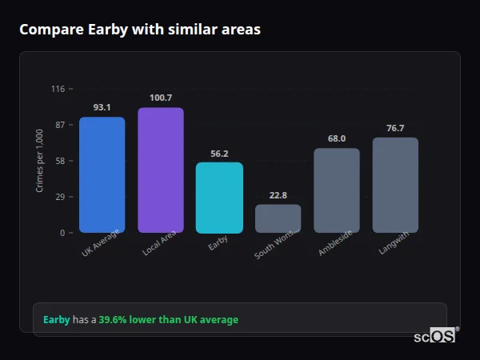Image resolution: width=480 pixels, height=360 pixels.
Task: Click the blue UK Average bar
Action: coord(102,174)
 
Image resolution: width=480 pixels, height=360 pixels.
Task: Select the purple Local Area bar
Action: coord(160,170)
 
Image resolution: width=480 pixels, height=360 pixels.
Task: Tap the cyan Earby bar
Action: coord(219,198)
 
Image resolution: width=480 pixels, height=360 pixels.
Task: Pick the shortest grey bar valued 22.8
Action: coord(278,218)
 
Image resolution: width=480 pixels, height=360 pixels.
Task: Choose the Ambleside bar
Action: coord(336,190)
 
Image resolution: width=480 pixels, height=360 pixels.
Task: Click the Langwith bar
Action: coord(395,185)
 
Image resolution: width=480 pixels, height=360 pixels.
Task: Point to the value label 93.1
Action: coord(102,107)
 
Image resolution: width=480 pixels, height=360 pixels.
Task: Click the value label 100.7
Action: coord(160,98)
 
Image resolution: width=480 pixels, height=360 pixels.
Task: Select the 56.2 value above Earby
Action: coord(219,153)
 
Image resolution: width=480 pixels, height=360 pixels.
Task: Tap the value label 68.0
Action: coord(336,138)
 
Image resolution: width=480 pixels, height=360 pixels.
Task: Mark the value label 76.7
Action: coord(395,128)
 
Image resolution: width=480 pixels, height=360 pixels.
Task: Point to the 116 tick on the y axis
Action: coord(58,89)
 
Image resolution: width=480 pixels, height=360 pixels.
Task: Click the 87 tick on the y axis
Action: coord(60,125)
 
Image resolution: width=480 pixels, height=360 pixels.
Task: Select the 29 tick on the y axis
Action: coord(60,197)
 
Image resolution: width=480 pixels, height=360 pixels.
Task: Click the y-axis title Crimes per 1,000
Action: coord(39,161)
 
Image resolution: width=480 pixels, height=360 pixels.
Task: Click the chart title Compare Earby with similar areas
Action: coord(139,30)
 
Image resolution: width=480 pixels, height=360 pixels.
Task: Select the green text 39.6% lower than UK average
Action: coord(168,320)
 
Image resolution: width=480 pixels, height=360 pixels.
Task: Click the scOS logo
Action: coord(434,336)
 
